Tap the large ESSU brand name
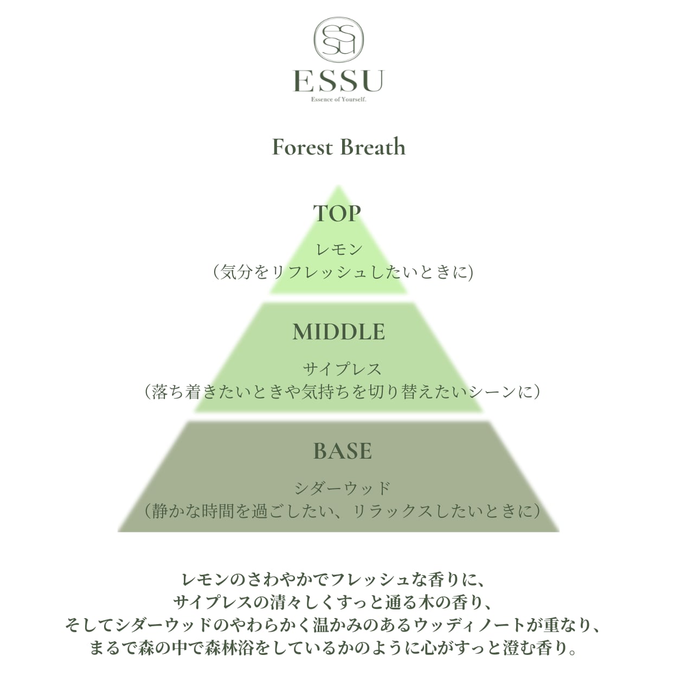click(339, 81)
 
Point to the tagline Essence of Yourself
click(339, 99)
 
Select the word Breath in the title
click(372, 147)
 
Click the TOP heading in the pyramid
click(337, 213)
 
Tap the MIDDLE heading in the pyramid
click(339, 332)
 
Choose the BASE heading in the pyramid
click(343, 451)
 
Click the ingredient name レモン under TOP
click(339, 249)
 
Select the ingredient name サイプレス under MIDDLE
click(342, 369)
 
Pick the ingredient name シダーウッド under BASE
click(342, 488)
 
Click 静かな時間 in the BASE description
click(201, 511)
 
